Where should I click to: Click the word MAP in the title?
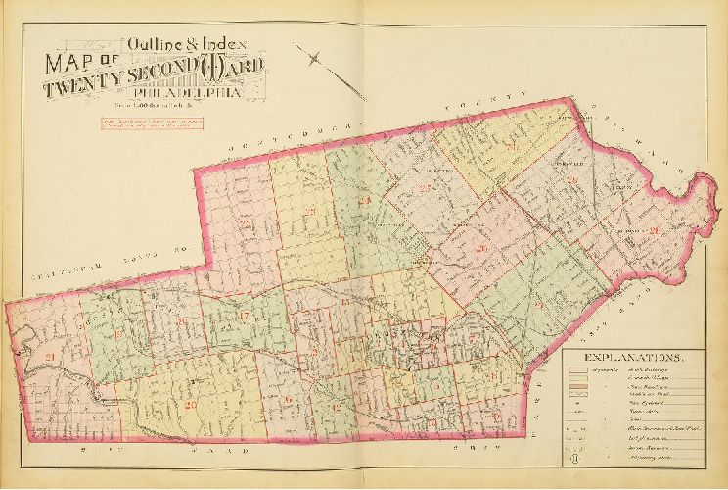(76, 64)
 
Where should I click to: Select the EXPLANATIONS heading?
(632, 359)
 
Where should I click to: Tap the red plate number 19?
(119, 336)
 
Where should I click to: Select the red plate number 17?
(245, 317)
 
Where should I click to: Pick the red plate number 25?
(424, 189)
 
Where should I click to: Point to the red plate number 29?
(539, 305)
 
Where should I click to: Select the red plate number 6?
(289, 399)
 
